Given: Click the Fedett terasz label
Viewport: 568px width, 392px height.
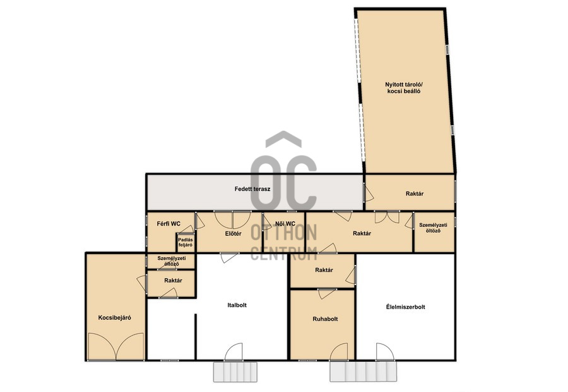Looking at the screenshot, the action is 252,189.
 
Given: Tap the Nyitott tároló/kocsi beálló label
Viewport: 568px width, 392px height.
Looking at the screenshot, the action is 404,88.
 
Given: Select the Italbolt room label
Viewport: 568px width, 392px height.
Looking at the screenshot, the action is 237,305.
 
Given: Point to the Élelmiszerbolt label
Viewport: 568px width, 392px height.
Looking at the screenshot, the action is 405,307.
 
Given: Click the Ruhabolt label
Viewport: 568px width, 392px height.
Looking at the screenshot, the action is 325,319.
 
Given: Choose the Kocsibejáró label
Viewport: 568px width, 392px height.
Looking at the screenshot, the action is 114,317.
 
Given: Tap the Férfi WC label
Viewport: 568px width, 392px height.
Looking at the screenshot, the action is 169,224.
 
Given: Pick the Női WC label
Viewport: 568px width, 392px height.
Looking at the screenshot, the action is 285,224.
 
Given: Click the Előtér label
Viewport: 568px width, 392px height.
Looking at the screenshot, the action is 233,233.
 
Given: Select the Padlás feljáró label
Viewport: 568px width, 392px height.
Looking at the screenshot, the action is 185,242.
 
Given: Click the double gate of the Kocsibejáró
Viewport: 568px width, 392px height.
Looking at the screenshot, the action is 116,346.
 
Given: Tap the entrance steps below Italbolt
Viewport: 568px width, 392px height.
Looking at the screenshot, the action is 235,371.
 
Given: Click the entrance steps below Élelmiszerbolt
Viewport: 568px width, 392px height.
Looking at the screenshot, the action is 363,371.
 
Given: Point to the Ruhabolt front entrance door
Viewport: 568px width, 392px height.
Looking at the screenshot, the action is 339,352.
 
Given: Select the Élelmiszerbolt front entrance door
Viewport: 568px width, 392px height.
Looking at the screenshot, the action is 384,352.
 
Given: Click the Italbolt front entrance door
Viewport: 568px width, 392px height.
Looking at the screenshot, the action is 234,352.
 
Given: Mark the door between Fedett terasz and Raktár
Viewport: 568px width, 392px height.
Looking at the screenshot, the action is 368,193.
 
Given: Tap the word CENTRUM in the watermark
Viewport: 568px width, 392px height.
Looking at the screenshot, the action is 284,254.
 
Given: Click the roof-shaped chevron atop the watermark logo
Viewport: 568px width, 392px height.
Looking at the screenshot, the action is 283,139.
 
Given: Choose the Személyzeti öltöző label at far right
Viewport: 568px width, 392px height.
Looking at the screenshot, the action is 433,228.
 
